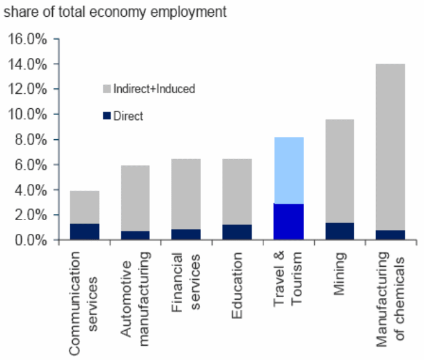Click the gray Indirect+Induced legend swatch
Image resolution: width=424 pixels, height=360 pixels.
point(106,89)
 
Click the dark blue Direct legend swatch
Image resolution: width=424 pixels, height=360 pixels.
point(106,116)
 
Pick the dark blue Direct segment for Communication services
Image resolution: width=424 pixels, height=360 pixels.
point(84,231)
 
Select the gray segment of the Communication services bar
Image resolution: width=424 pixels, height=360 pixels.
point(84,207)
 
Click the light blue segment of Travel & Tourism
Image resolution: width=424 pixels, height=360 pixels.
point(288,170)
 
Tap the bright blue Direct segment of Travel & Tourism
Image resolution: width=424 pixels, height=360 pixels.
point(288,221)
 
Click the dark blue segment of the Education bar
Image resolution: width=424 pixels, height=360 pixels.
point(237,232)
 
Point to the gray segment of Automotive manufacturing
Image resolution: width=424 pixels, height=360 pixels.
point(135,198)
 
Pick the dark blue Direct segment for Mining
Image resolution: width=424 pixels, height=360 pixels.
point(339,231)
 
